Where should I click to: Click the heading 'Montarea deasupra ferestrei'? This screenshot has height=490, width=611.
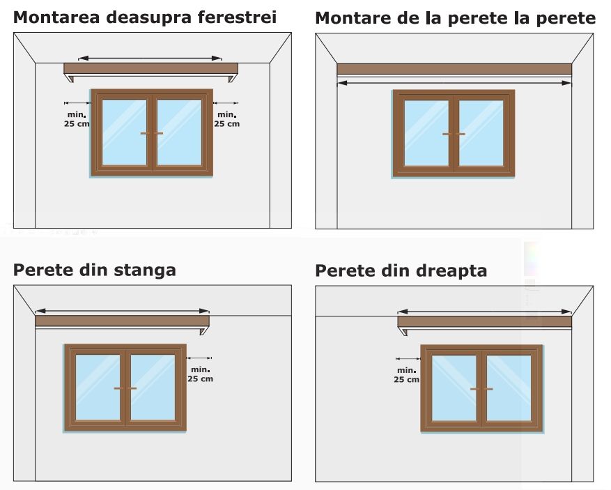(145, 17)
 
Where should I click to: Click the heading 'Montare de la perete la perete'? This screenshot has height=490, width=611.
(455, 18)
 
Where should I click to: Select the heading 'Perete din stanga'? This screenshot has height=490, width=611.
(95, 270)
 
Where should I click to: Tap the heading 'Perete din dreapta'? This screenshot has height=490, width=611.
(401, 270)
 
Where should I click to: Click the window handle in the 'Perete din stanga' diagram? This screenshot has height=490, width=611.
(125, 388)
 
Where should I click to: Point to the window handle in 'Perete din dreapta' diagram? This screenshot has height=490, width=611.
(481, 388)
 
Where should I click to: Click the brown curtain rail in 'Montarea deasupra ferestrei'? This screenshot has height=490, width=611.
(150, 68)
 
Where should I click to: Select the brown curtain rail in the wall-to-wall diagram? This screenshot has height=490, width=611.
(454, 68)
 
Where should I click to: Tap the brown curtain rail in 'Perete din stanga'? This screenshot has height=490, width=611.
(122, 321)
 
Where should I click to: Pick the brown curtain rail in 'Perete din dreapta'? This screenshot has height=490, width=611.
(484, 321)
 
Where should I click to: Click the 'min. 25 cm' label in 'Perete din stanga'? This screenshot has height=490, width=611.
(200, 374)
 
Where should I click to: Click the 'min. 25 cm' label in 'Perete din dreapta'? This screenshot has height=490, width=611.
(406, 375)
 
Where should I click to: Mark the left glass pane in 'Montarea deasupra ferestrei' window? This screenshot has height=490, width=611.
(125, 132)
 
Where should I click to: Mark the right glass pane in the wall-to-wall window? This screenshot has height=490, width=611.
(481, 133)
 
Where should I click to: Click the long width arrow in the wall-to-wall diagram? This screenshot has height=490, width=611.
(454, 83)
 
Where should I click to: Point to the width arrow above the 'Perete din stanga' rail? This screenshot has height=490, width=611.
(122, 311)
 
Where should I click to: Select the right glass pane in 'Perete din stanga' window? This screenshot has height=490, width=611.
(153, 388)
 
